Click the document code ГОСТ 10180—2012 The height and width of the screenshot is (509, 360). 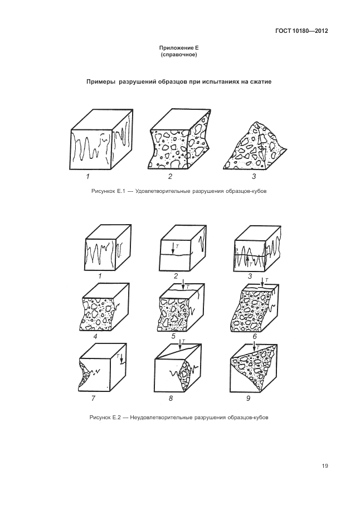(301, 31)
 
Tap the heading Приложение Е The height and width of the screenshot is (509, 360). (178, 48)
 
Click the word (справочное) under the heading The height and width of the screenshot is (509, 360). (179, 55)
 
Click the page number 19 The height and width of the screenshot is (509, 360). (325, 466)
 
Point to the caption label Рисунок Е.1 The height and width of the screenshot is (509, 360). (108, 191)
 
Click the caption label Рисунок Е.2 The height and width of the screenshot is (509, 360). (105, 418)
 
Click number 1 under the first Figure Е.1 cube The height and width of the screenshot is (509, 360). (87, 177)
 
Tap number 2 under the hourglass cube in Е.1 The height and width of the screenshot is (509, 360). (170, 177)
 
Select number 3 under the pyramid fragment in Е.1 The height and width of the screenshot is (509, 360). (254, 177)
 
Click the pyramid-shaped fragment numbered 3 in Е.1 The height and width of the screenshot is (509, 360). (255, 146)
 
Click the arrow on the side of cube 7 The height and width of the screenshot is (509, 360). (121, 360)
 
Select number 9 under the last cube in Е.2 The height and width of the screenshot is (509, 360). (249, 398)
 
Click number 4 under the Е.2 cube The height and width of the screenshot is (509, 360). (95, 337)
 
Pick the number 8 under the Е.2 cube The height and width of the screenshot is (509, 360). (171, 398)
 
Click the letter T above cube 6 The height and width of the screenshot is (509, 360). (266, 279)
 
